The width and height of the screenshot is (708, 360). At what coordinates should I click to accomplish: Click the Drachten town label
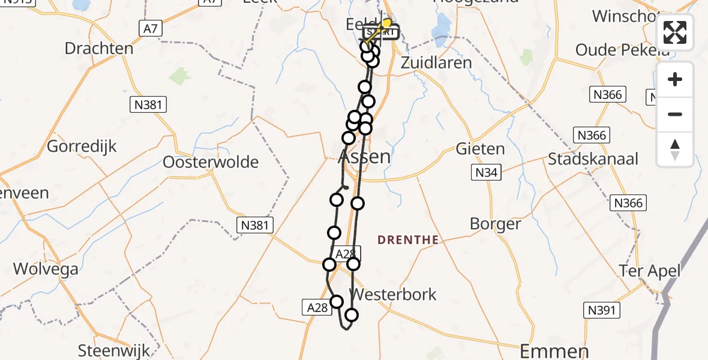[99, 49]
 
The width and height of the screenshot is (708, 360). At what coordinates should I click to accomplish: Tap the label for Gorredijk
[82, 146]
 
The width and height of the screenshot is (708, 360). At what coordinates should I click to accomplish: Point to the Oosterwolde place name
[211, 162]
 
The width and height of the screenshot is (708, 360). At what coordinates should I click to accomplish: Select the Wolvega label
[46, 269]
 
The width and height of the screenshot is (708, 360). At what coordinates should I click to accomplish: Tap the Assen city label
[365, 157]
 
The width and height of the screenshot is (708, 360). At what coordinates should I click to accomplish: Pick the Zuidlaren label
[436, 62]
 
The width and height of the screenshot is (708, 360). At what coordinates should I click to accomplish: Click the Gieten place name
[480, 148]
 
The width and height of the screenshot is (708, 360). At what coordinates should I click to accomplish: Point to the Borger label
[495, 224]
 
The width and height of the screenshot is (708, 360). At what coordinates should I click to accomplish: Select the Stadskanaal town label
[593, 159]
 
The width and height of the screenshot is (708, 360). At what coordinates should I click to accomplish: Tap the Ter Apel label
[650, 271]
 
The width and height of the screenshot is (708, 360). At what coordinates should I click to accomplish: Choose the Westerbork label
[393, 295]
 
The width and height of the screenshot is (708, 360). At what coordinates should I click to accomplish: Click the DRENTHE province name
[408, 240]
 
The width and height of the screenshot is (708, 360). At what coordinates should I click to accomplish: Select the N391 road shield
[602, 310]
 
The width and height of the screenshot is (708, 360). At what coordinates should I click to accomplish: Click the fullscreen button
[675, 32]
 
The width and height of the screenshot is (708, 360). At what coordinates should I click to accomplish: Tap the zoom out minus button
[675, 114]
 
